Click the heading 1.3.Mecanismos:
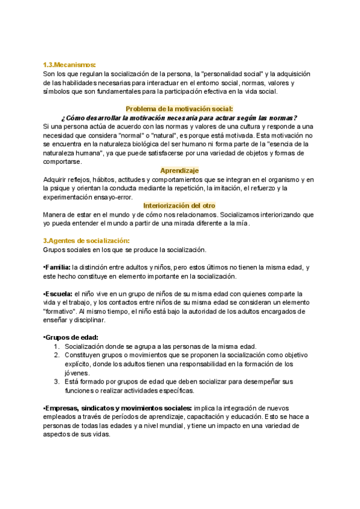pos(70,65)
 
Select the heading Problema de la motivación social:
pos(179,109)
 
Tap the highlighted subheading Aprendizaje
pos(179,170)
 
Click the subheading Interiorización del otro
pos(179,205)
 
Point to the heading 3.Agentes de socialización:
pos(86,241)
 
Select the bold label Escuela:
pos(58,294)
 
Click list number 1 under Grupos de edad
pos(56,346)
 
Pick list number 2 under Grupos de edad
pos(56,355)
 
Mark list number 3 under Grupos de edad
pos(56,381)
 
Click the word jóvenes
pos(77,373)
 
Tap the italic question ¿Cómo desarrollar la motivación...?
pos(179,118)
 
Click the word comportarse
pos(63,161)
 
